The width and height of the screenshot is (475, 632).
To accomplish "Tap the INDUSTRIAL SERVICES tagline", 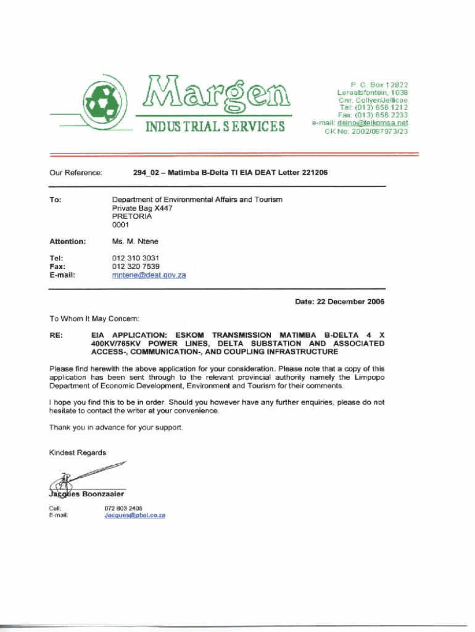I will (214, 127).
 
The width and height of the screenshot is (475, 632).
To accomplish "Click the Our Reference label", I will (75, 173).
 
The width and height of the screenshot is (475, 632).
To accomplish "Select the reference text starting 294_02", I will (229, 173).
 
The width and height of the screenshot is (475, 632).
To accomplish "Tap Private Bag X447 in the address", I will (142, 209).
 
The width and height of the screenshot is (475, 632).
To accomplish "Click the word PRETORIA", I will (131, 217).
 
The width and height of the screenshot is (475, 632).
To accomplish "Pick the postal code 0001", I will (120, 225).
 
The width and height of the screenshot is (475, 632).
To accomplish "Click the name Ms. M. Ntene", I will (134, 241).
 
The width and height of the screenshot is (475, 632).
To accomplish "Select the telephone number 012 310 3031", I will (136, 258).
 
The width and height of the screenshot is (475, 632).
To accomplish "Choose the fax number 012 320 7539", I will (136, 267).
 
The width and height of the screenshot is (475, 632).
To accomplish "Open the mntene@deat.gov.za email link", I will (149, 275).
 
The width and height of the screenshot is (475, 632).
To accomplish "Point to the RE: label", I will (56, 335).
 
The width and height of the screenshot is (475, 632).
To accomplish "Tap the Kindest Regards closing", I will (77, 452).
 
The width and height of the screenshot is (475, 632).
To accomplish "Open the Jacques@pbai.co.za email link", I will (134, 515).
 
